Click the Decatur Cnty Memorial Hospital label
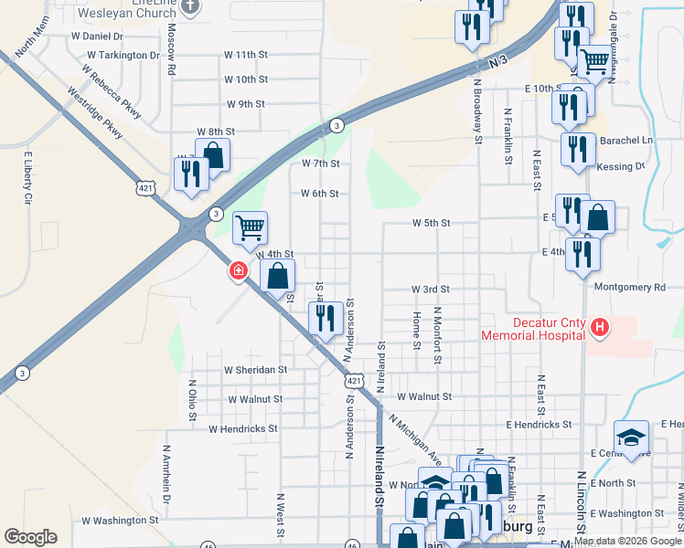tap(533, 328)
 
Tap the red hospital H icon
tap(599, 326)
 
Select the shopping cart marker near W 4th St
tap(250, 227)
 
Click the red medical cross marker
tap(238, 270)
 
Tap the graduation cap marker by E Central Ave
tap(631, 436)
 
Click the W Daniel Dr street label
tap(97, 37)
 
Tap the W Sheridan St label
tap(256, 371)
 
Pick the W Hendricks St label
tap(242, 428)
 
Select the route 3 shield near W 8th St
tap(337, 125)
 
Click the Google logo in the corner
tap(30, 537)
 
